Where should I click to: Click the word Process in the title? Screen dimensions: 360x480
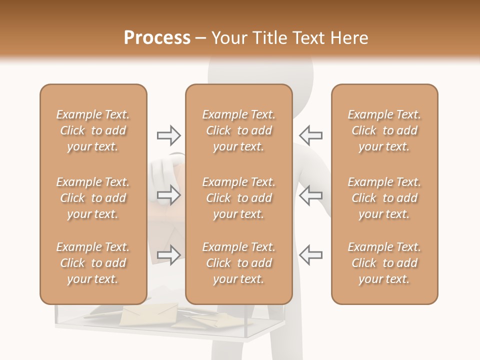click(x=157, y=38)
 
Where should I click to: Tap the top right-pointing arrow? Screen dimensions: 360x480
click(x=168, y=135)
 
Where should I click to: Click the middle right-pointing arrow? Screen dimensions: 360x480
click(x=168, y=195)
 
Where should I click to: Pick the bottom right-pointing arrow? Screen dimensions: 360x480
click(x=168, y=255)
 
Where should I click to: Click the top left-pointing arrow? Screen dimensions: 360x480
click(x=310, y=135)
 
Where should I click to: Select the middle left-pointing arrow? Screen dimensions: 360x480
click(x=310, y=195)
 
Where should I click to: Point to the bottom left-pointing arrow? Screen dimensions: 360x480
click(x=310, y=255)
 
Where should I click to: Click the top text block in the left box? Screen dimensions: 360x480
click(x=93, y=130)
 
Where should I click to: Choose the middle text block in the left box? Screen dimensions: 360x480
click(x=93, y=198)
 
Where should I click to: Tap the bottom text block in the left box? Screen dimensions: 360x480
click(x=93, y=263)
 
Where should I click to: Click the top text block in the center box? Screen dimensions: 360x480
click(x=239, y=130)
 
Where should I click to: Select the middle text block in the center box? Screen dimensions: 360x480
click(x=239, y=198)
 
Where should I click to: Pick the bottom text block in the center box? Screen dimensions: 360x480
click(x=239, y=263)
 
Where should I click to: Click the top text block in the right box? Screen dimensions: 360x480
click(x=384, y=130)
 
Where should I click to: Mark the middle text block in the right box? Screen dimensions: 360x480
click(x=384, y=198)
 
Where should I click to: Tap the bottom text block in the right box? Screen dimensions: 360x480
click(x=384, y=263)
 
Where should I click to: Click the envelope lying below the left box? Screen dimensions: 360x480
click(x=148, y=314)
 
